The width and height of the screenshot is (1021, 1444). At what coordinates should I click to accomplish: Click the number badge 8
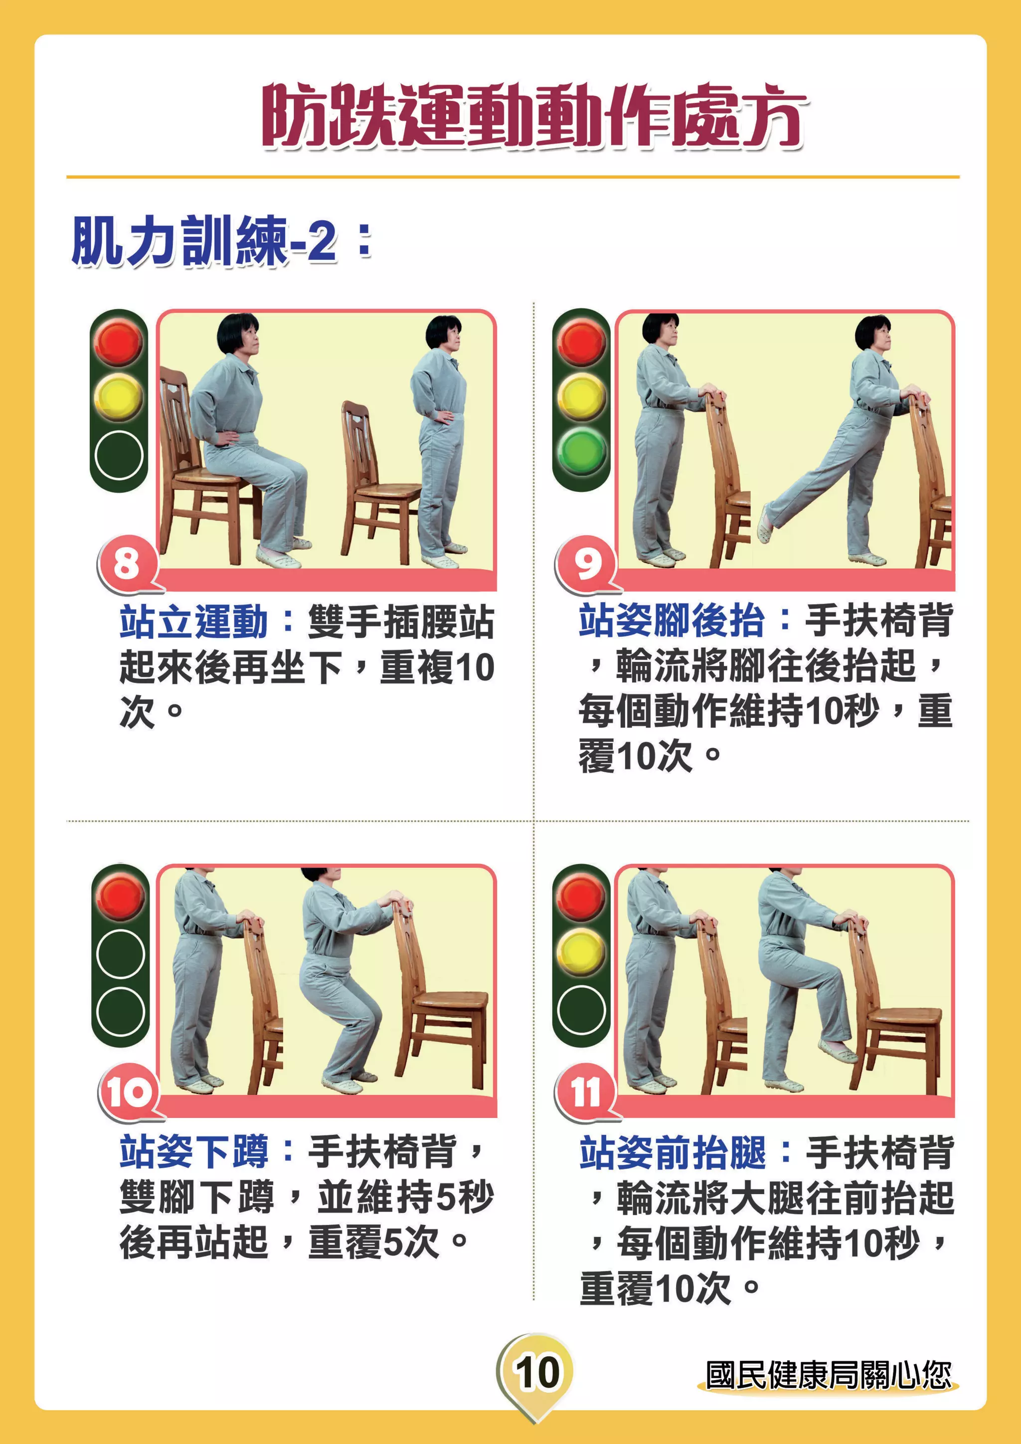tap(126, 563)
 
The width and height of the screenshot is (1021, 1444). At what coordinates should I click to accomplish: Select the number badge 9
tap(587, 563)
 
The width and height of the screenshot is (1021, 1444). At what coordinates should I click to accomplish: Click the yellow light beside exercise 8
tap(118, 397)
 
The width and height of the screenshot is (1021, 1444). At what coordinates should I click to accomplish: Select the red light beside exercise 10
tap(120, 897)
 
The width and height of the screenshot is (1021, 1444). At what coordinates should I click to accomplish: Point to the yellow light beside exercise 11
tap(582, 952)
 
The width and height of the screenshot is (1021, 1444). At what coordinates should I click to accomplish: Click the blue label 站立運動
tap(193, 622)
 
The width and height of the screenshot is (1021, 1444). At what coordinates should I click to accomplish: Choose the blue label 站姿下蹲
tap(193, 1151)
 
